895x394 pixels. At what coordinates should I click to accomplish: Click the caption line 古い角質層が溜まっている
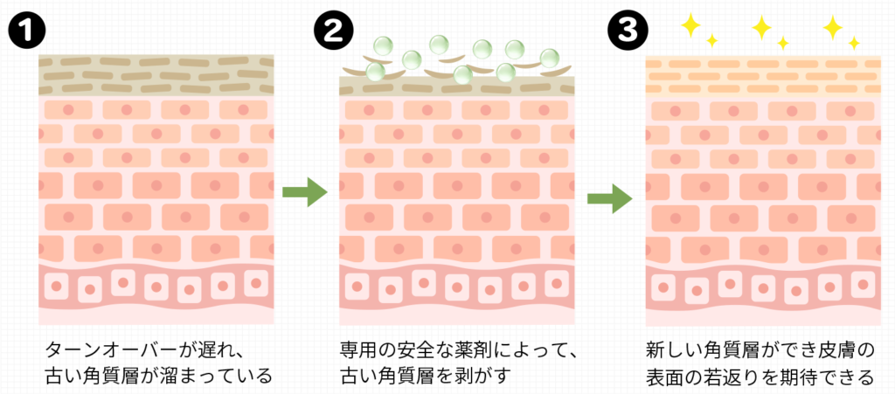158,377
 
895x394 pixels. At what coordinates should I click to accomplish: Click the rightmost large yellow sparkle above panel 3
833,27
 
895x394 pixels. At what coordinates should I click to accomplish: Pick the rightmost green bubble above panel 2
549,58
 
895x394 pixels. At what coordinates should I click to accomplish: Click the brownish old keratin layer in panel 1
157,75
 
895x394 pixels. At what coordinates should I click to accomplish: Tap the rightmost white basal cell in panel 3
861,282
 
